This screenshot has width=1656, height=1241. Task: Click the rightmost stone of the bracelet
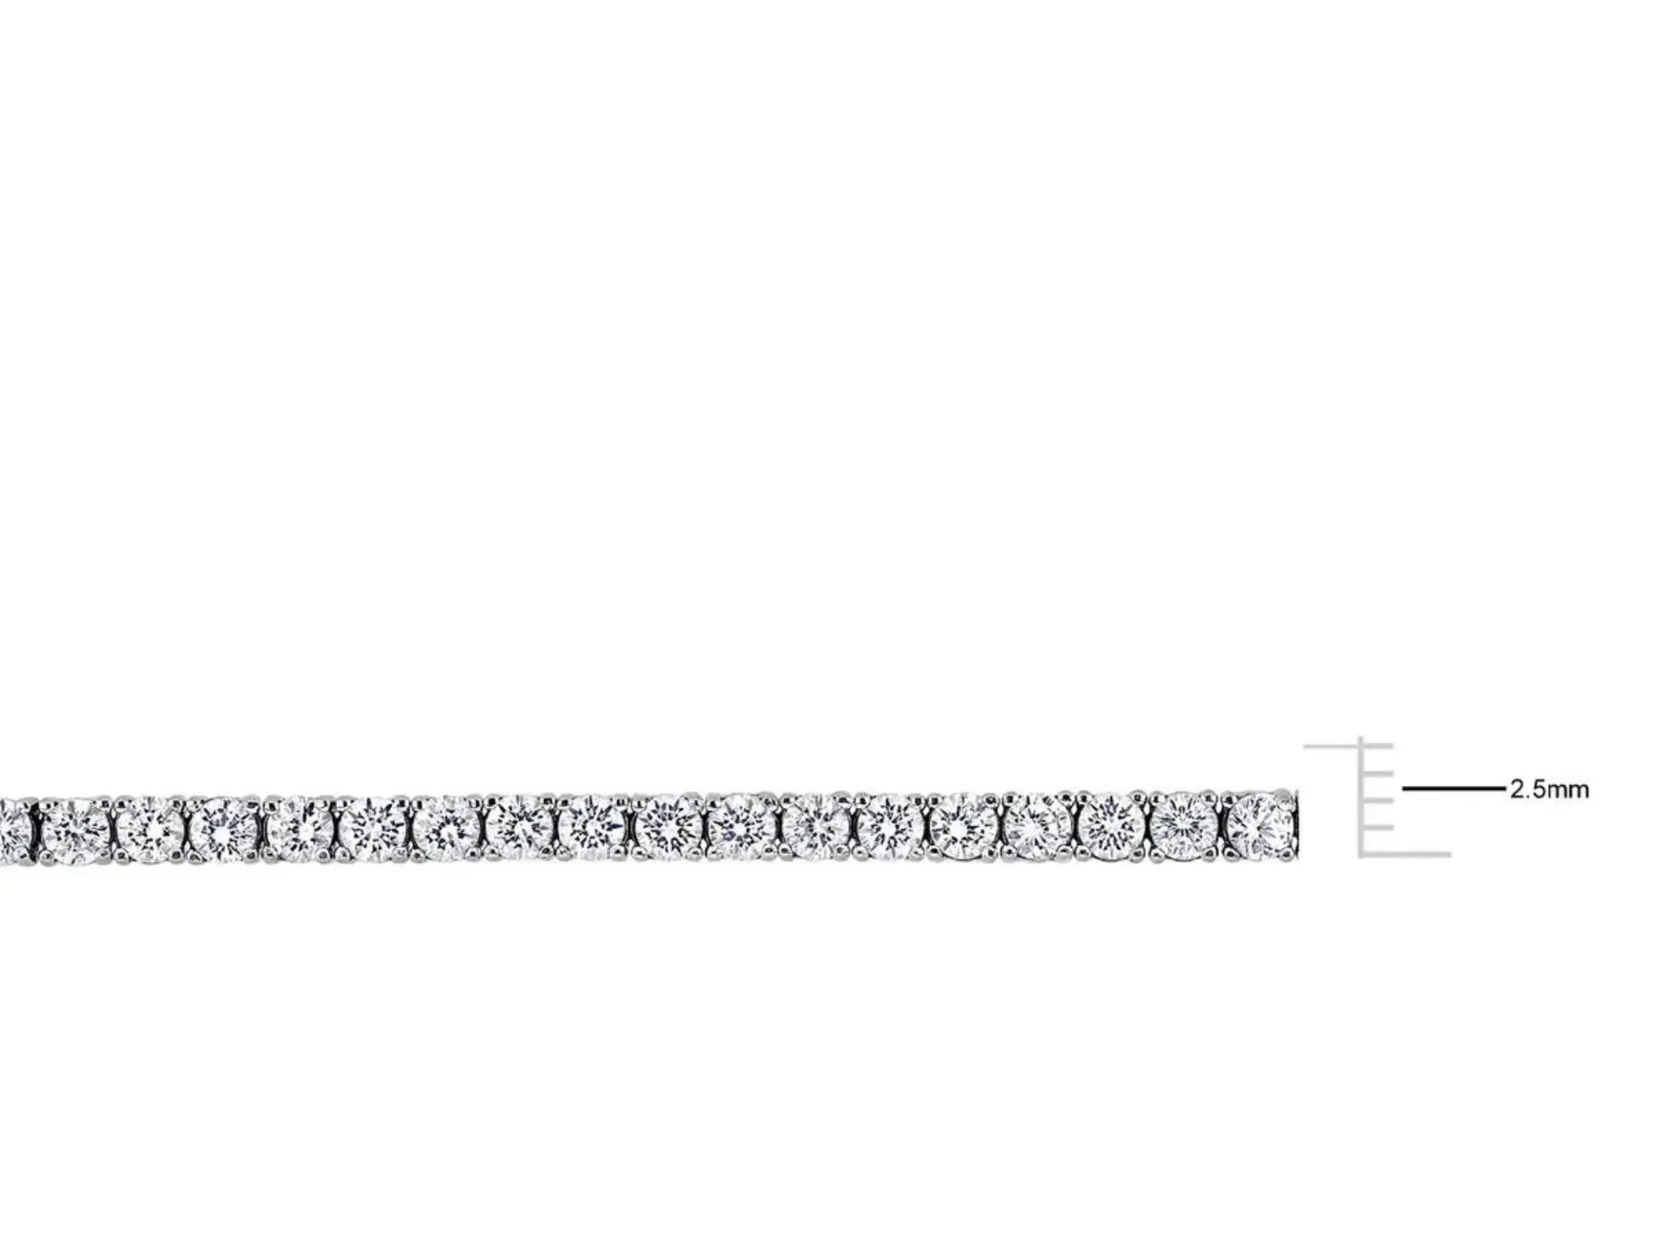point(1259,827)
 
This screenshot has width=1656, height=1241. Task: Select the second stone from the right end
point(1185,827)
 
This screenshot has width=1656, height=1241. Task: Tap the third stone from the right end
point(1111,827)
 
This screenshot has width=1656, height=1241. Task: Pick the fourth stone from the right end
point(1037,827)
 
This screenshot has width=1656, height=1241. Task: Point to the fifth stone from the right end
point(963,827)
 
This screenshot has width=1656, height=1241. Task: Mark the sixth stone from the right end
point(890,827)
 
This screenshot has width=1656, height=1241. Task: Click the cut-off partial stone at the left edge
point(15,830)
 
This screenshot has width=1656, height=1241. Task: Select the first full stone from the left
point(75,830)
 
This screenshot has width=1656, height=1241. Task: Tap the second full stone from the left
point(150,830)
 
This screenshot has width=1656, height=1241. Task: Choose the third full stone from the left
point(224,830)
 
